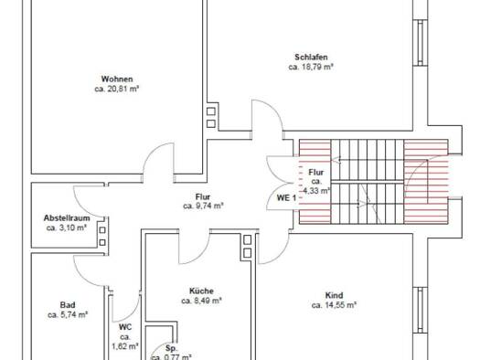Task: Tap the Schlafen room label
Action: (x=311, y=57)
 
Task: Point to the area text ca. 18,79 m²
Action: (x=311, y=67)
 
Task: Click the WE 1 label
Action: (x=285, y=197)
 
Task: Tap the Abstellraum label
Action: (x=66, y=217)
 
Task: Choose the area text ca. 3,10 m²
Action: (x=66, y=228)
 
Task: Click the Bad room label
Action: (x=67, y=304)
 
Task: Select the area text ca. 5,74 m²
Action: (x=67, y=314)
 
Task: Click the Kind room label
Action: (x=334, y=294)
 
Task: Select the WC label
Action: (x=124, y=326)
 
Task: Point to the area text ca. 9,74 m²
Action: (x=203, y=206)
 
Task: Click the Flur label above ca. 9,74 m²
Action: (x=203, y=196)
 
